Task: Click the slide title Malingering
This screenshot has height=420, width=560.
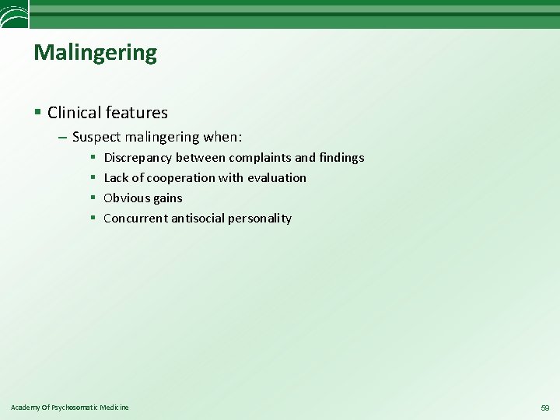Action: [95, 53]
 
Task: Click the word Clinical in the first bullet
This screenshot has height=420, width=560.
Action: [75, 113]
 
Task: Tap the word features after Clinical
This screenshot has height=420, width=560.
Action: [138, 113]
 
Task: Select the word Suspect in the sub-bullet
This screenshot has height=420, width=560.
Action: [96, 138]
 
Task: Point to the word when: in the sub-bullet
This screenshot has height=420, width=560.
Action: [222, 138]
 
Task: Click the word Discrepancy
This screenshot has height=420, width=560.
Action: [138, 158]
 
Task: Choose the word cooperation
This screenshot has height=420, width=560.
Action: [177, 178]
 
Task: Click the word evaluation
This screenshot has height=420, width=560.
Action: [277, 178]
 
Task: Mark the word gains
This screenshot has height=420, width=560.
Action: [167, 198]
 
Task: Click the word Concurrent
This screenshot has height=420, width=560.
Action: [135, 219]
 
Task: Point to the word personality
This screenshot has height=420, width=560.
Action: [260, 219]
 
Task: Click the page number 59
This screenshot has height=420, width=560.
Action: [544, 408]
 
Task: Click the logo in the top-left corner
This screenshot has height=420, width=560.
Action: [14, 13]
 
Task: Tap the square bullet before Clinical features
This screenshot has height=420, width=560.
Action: [38, 113]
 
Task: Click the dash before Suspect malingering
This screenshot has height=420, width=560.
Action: [62, 138]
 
